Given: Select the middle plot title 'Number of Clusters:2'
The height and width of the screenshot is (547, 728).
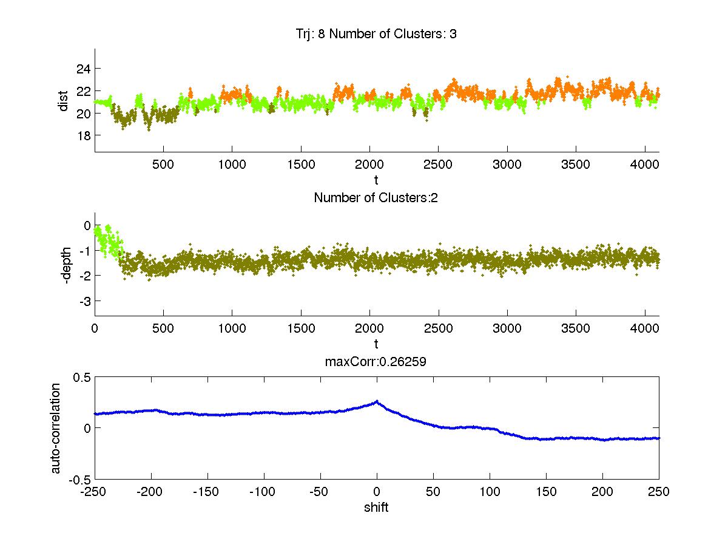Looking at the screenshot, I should (376, 197).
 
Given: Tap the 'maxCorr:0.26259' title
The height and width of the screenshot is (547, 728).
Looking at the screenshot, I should (376, 361).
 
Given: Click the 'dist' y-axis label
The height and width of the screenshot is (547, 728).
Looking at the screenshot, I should (63, 101).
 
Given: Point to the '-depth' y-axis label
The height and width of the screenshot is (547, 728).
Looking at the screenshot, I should (67, 263).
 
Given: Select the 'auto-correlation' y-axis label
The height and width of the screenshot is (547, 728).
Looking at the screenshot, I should (55, 427).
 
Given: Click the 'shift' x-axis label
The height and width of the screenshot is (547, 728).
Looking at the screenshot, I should (376, 508).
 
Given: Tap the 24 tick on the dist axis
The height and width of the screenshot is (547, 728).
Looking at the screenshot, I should (83, 69).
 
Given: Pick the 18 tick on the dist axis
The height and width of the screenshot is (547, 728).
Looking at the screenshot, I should (83, 135).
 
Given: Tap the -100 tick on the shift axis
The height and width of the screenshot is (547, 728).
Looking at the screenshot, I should (264, 492).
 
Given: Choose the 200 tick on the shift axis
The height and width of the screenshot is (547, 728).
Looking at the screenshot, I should (602, 492).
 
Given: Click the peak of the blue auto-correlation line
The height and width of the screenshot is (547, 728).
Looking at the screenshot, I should (377, 401).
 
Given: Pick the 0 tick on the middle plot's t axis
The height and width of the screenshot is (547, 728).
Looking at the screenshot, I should (95, 328).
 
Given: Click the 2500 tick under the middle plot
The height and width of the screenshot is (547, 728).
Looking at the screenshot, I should (438, 328).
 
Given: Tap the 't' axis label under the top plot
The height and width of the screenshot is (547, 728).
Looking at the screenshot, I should (376, 180).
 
